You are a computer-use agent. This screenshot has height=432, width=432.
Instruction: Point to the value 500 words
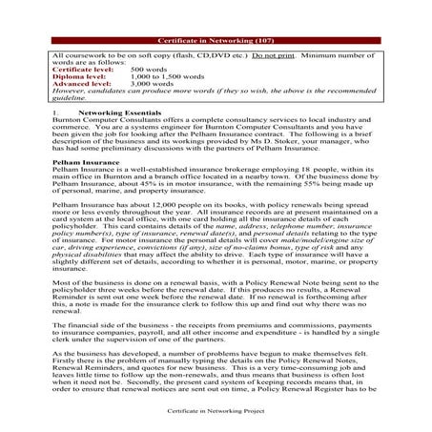pyautogui.click(x=150, y=71)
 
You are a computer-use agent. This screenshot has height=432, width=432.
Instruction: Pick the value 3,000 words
pyautogui.click(x=154, y=84)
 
